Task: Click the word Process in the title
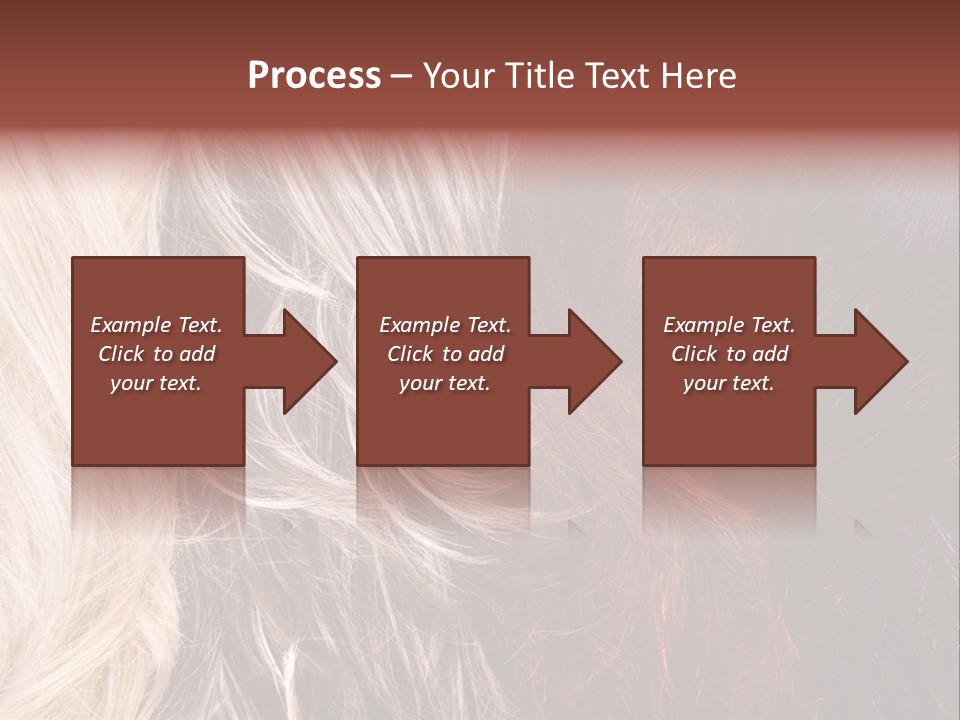[x=314, y=76]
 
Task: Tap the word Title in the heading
[x=539, y=76]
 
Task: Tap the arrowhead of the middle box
[x=593, y=362]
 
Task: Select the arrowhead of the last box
[x=879, y=362]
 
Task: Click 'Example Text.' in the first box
[x=156, y=325]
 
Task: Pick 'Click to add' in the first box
[x=156, y=354]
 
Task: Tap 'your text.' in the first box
[x=156, y=383]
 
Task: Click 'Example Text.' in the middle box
[x=445, y=325]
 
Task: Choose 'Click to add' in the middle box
[x=445, y=354]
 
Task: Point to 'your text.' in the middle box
[x=445, y=383]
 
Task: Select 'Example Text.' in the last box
[x=729, y=325]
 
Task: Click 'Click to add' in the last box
[x=729, y=354]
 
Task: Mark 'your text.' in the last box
[x=729, y=383]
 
